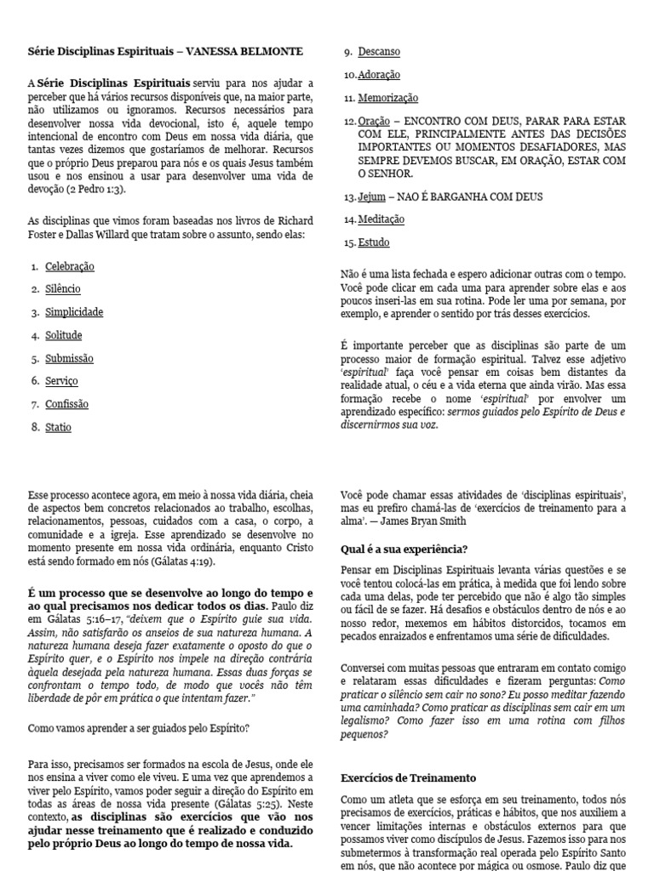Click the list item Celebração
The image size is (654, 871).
pyautogui.click(x=70, y=266)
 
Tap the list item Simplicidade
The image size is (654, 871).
pyautogui.click(x=74, y=312)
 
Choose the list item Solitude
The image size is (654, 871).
pyautogui.click(x=64, y=335)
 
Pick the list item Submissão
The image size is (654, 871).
pyautogui.click(x=70, y=358)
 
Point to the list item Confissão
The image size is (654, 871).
pyautogui.click(x=66, y=404)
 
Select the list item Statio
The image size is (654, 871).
pyautogui.click(x=59, y=427)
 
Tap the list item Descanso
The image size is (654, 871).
pyautogui.click(x=379, y=52)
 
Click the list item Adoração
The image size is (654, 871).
pyautogui.click(x=379, y=75)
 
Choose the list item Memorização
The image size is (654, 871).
pyautogui.click(x=388, y=98)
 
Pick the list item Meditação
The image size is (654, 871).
pyautogui.click(x=381, y=219)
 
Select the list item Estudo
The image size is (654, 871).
pyautogui.click(x=374, y=242)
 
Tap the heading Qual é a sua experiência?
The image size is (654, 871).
pyautogui.click(x=404, y=549)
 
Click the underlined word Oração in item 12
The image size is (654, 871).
pyautogui.click(x=374, y=121)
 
